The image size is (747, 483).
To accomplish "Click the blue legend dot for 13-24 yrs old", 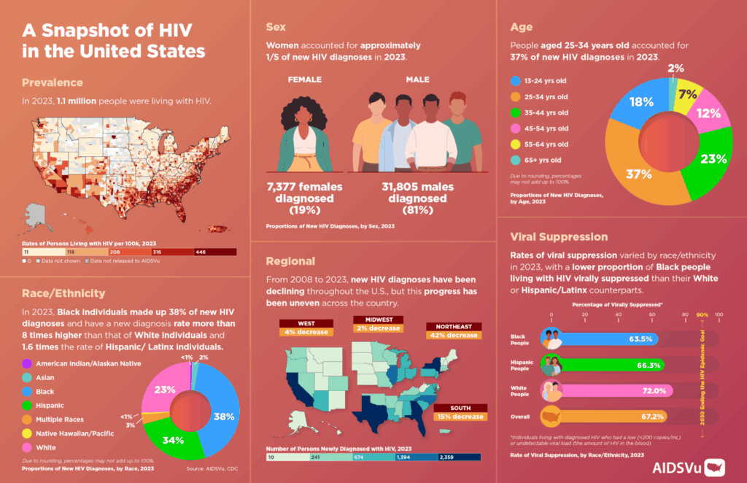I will coord(516,80).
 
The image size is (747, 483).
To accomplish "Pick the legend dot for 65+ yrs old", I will coord(516,160).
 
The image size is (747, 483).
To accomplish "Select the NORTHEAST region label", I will coord(454,326).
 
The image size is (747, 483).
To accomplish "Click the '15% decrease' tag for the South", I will coord(461,417).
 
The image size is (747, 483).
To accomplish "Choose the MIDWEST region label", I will coord(377,320).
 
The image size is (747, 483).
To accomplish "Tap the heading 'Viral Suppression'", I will coord(559,236).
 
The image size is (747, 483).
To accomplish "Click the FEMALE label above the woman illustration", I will coord(304,80).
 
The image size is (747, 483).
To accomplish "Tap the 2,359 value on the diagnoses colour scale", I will coord(448,457).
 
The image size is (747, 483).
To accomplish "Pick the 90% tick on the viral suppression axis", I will coord(703,314).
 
